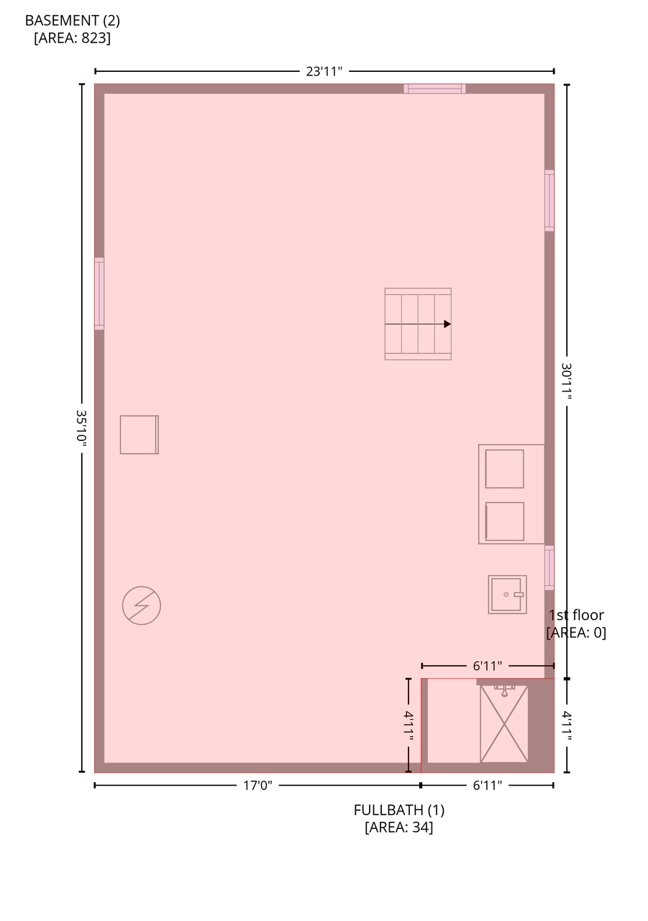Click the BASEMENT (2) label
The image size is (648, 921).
[73, 21]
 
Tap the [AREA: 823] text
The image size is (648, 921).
[73, 38]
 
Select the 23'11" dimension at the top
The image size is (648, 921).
[324, 71]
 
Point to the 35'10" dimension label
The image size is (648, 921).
[81, 428]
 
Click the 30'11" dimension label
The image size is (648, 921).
[567, 381]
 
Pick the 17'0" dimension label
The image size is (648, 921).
[257, 786]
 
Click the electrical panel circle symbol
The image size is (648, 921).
[142, 606]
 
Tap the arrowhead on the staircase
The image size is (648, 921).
[447, 324]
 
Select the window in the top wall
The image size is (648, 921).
[434, 89]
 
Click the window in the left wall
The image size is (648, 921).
[99, 294]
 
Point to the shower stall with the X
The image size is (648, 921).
[504, 724]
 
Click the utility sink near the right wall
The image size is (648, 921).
[508, 594]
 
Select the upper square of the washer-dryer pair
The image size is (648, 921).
[505, 468]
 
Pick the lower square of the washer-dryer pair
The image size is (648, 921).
[505, 522]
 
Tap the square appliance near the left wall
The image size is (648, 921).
[140, 435]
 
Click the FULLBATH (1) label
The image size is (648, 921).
[399, 810]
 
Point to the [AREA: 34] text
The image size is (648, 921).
[399, 827]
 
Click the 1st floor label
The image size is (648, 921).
[576, 615]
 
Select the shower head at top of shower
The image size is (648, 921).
[505, 690]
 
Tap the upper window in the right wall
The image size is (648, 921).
[549, 201]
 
